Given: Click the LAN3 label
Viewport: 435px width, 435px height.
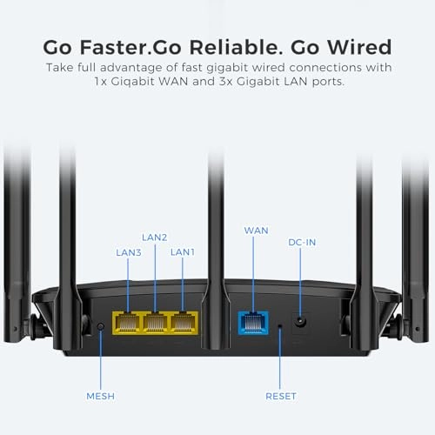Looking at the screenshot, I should coord(130,252).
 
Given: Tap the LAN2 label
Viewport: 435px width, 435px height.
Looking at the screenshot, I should coord(155,237).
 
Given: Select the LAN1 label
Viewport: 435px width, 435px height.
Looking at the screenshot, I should coord(183,251).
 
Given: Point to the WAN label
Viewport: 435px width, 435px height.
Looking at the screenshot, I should coord(256,231).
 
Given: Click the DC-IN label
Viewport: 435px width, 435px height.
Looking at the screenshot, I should coord(302,242).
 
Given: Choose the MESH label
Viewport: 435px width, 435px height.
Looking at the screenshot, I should coord(100,396).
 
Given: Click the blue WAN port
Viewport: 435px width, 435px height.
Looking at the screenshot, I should coord(252,324).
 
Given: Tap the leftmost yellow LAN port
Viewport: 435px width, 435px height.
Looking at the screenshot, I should coord(128,324).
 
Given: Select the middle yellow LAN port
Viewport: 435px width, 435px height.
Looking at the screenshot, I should coord(155,324).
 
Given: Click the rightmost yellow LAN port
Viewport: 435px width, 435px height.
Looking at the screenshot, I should coord(182,324).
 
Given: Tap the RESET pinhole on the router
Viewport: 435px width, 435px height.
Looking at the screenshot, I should coord(279,327).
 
